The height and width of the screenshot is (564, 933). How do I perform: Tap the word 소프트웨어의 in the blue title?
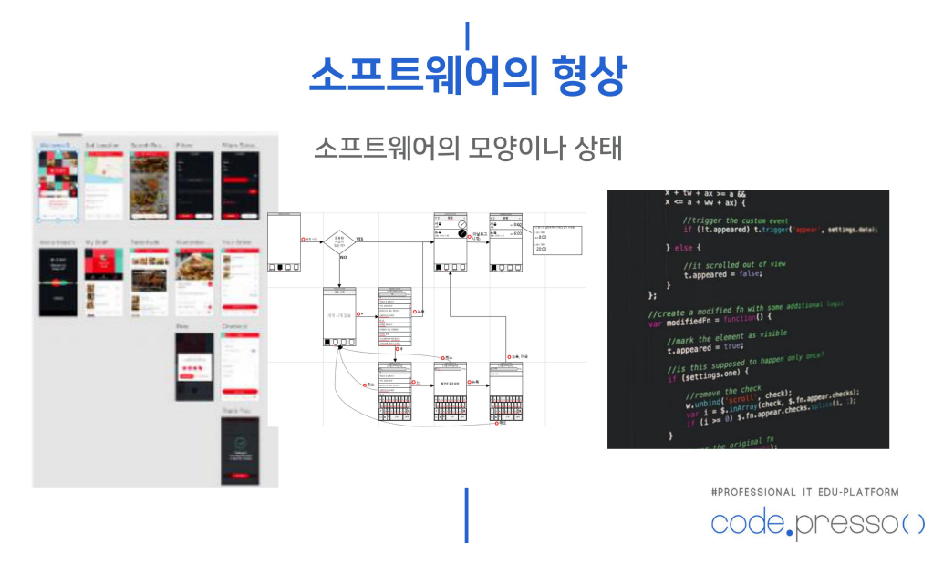tap(422, 77)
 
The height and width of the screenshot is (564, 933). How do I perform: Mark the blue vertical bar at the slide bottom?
tap(466, 515)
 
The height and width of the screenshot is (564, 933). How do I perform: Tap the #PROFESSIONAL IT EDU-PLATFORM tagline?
tap(805, 492)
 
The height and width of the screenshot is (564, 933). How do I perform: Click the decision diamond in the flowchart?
tap(339, 240)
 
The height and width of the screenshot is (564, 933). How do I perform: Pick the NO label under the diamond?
tap(343, 258)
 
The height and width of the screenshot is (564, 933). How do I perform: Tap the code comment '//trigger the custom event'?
tap(737, 221)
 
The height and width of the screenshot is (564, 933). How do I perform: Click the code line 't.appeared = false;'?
tap(723, 274)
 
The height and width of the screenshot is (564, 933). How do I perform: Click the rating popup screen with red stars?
tap(194, 367)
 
